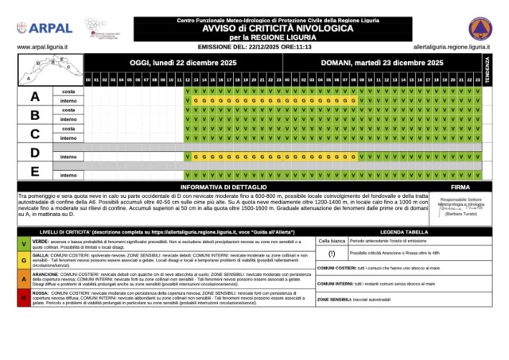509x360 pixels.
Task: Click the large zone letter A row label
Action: click(x=34, y=96)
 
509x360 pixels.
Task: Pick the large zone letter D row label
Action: click(x=34, y=152)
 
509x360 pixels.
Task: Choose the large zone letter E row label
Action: click(x=34, y=170)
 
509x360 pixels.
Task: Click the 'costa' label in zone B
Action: click(x=68, y=110)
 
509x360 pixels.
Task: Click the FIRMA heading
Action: click(x=460, y=185)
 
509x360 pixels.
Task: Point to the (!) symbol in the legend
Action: click(x=330, y=254)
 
